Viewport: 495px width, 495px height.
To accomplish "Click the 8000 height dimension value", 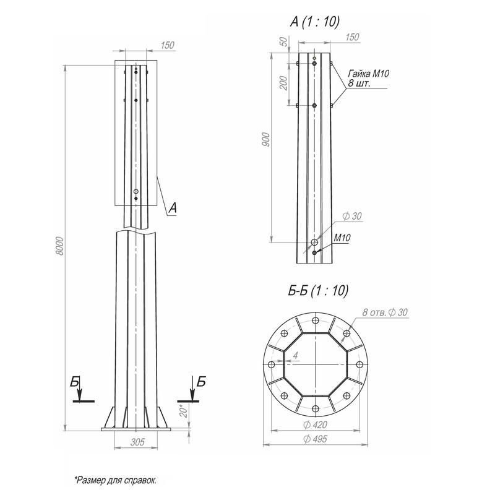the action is point(59,246).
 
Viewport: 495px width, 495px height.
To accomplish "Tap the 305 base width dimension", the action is point(137,442).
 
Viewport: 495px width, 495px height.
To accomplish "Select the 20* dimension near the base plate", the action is point(184,411).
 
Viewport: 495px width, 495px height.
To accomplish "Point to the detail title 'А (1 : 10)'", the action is point(315,22).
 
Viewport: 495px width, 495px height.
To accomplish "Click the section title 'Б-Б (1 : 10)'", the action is point(318,290).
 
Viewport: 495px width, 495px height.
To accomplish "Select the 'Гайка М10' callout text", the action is point(368,74).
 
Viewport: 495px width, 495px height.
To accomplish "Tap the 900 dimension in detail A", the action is point(266,140).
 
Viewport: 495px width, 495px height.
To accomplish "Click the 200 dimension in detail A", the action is point(284,83).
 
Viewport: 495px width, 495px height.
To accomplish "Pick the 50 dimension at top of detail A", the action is point(284,41).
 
